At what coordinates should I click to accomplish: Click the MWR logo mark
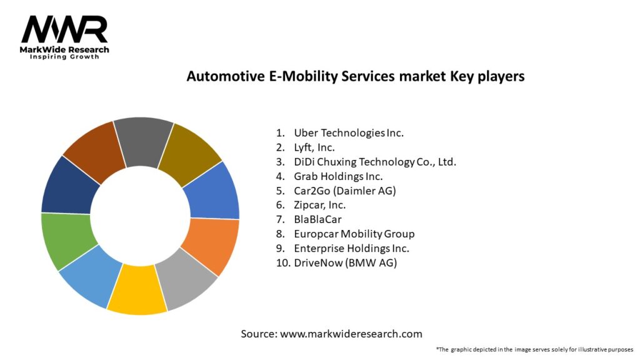click(x=64, y=30)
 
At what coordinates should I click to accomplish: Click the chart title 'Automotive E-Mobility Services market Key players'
click(x=355, y=76)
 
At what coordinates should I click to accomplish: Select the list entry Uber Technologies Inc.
click(x=349, y=132)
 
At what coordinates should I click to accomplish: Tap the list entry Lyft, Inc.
click(x=314, y=147)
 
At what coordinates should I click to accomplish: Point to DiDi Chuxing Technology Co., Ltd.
click(x=375, y=162)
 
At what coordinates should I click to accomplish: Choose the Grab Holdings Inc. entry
click(x=338, y=176)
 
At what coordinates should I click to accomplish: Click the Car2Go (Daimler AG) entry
click(x=344, y=191)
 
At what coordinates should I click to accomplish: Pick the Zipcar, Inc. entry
click(x=319, y=205)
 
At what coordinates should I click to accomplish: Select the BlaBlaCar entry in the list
click(x=317, y=219)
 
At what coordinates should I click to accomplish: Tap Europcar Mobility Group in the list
click(x=354, y=234)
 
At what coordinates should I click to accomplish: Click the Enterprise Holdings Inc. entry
click(x=351, y=248)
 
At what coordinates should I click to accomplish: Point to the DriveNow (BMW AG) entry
click(x=345, y=262)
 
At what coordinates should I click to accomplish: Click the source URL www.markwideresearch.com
click(x=351, y=334)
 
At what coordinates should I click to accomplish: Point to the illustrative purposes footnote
click(x=534, y=349)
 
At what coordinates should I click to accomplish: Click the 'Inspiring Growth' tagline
click(x=64, y=57)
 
